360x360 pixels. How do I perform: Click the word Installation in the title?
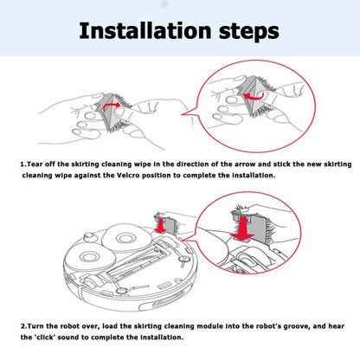point(145,30)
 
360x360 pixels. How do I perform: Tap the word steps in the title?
point(249,32)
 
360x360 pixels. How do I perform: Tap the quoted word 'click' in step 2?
point(45,337)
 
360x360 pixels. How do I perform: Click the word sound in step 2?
point(68,337)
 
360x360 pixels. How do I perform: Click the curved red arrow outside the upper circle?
point(111,106)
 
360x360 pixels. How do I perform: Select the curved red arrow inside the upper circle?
point(254,96)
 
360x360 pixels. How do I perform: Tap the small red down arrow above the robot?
point(159,225)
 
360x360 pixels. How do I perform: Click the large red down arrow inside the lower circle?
point(243,228)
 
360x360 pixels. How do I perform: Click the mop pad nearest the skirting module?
point(126,238)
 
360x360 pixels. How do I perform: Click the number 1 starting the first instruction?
point(22,164)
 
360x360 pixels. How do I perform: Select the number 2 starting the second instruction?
point(23,326)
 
